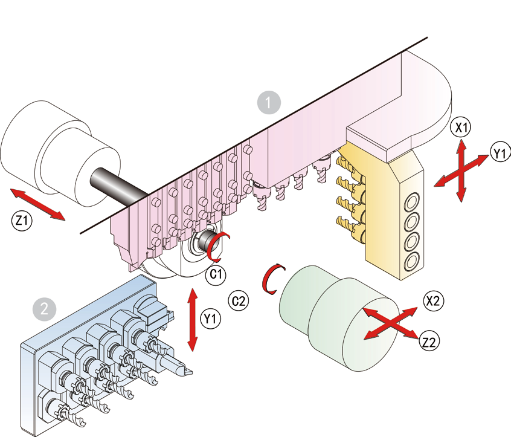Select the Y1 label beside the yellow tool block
[499, 154]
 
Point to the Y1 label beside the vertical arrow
[210, 316]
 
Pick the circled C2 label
[239, 299]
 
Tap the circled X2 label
[434, 300]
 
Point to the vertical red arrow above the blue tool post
[193, 319]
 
